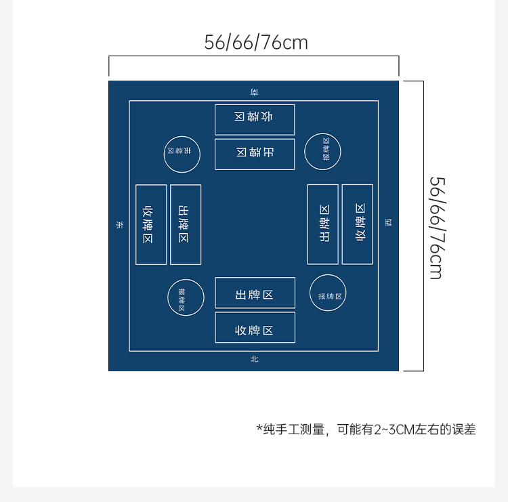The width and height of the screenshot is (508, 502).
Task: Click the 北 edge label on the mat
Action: point(255,359)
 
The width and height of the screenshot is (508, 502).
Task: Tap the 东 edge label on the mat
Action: point(119,224)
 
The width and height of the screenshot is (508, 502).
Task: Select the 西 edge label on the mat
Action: point(388,223)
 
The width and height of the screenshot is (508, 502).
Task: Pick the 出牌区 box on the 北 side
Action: point(255,293)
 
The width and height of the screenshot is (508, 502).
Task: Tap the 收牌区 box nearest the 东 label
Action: point(151,224)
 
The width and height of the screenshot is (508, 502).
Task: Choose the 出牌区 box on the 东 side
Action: point(186,224)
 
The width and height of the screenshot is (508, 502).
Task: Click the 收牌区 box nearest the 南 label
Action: point(255,119)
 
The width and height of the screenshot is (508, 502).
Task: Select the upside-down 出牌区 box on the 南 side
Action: point(255,154)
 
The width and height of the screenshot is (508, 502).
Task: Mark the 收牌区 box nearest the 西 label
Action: point(358,224)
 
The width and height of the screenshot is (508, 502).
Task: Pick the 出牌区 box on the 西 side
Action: point(323,224)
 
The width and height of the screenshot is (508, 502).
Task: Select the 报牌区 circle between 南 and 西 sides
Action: point(322,151)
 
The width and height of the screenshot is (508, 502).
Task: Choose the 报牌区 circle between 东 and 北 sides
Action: point(186,297)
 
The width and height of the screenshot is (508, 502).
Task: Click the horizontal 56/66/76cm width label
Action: point(256,43)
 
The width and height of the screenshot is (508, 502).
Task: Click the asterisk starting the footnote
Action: point(259,428)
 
